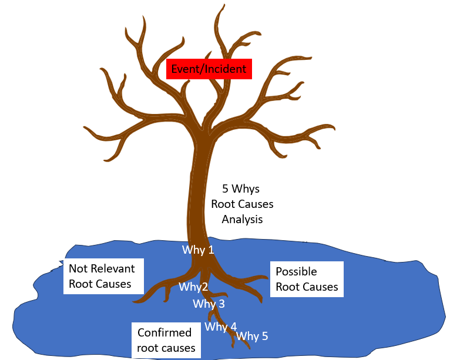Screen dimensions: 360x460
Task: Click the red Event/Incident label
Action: pyautogui.click(x=209, y=69)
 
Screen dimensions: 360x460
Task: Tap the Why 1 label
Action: pyautogui.click(x=198, y=250)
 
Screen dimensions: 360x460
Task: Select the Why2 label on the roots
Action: pyautogui.click(x=194, y=287)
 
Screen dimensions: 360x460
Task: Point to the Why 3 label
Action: pyautogui.click(x=209, y=304)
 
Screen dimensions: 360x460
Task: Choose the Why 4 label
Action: pyautogui.click(x=221, y=327)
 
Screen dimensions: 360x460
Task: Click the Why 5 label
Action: pyautogui.click(x=252, y=336)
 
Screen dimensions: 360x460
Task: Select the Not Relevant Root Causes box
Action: pyautogui.click(x=102, y=277)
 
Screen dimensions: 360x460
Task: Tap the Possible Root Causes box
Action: pyautogui.click(x=307, y=279)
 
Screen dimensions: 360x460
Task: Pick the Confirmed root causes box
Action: pyautogui.click(x=166, y=341)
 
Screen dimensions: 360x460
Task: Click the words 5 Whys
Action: pyautogui.click(x=241, y=189)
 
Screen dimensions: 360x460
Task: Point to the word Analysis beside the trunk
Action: pyautogui.click(x=242, y=219)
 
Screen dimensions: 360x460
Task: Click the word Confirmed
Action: pyautogui.click(x=164, y=333)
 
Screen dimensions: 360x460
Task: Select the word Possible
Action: pyautogui.click(x=296, y=271)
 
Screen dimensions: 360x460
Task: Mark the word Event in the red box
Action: pyautogui.click(x=184, y=69)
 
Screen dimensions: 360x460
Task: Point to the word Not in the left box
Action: pyautogui.click(x=78, y=269)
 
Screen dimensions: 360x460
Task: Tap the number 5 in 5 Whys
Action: pyautogui.click(x=226, y=189)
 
